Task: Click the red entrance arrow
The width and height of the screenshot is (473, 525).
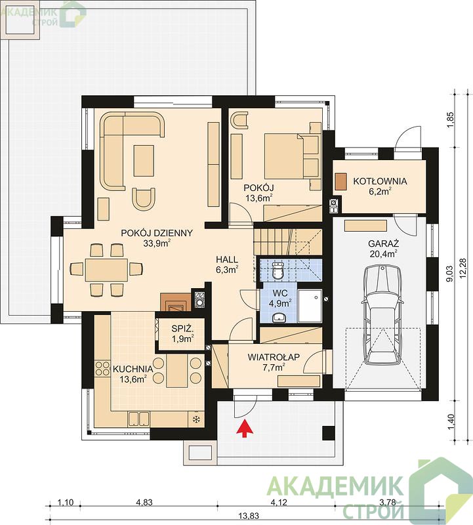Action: click(246, 429)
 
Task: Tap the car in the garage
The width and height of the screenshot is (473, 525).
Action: click(383, 315)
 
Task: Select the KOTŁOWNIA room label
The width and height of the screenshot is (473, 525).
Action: click(380, 181)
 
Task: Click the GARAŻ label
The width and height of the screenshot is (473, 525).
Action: click(383, 243)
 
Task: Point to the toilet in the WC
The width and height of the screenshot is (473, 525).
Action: click(278, 270)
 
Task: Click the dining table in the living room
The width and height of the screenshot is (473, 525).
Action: click(107, 270)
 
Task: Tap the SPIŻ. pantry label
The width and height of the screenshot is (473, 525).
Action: click(182, 329)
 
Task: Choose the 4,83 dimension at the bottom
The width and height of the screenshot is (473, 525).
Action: click(144, 502)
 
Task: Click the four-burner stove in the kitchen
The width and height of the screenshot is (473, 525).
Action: click(102, 368)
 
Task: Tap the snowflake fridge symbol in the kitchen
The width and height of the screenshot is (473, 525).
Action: click(196, 419)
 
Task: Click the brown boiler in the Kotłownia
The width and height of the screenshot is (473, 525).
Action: click(340, 182)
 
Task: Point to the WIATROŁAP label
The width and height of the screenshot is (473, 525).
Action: click(274, 357)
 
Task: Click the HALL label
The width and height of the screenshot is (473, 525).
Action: click(227, 259)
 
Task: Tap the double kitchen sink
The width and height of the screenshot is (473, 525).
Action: click(138, 419)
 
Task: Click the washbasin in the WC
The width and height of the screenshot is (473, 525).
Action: click(279, 317)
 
